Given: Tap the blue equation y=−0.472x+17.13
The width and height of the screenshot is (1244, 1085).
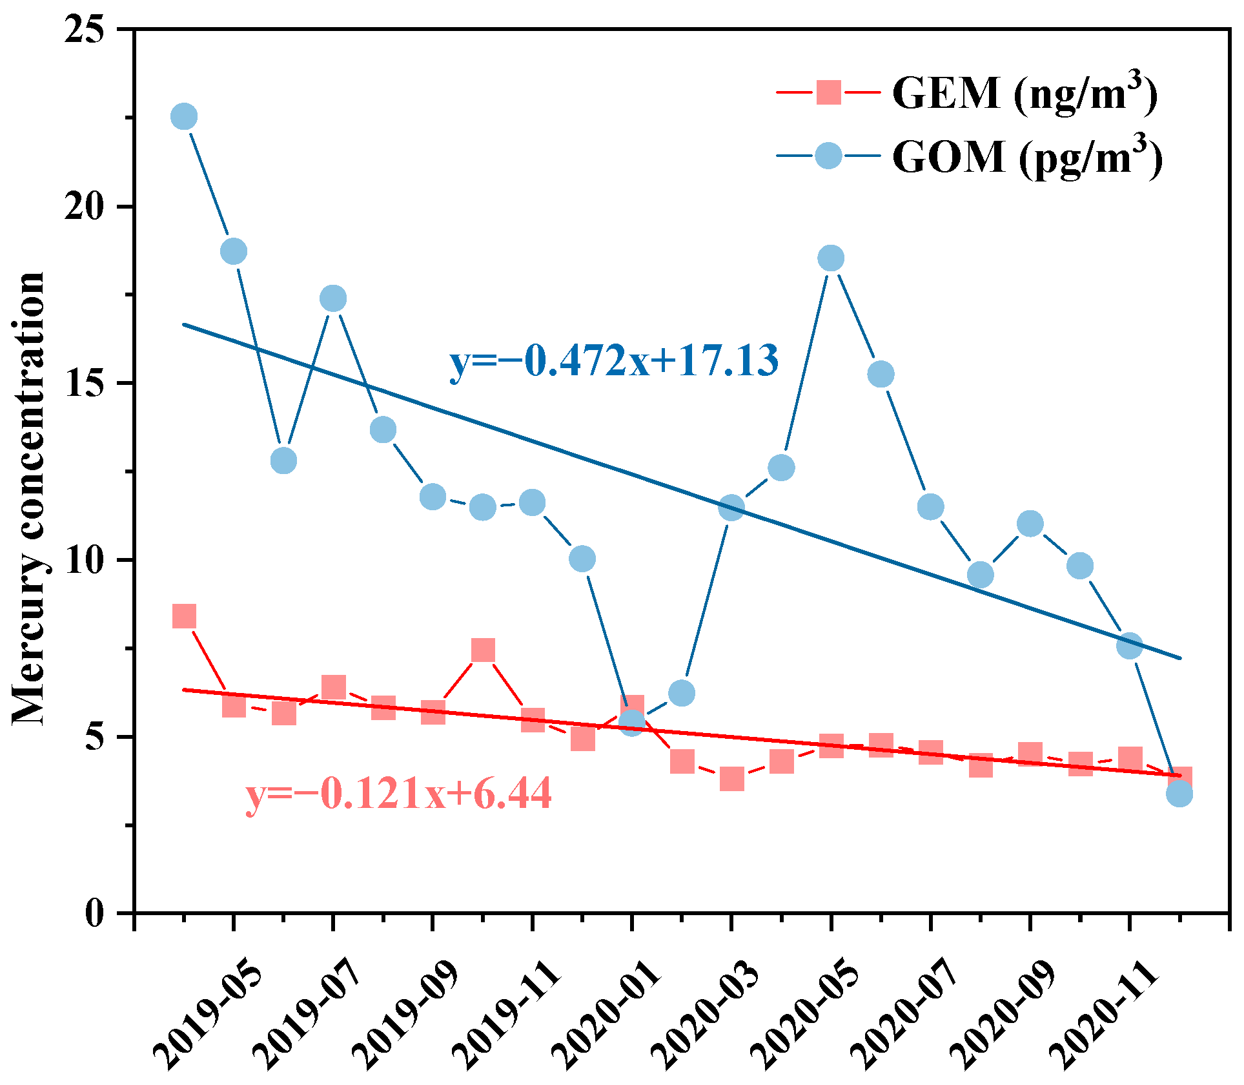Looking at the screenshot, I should click(x=614, y=360).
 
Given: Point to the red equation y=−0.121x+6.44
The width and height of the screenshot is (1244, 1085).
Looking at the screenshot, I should click(x=398, y=793).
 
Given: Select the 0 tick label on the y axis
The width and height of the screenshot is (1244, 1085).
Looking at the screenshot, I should click(x=94, y=913).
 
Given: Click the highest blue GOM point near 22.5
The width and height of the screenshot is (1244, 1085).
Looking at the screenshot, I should click(x=184, y=117).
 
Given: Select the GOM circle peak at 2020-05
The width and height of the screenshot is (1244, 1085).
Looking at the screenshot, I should click(x=831, y=258).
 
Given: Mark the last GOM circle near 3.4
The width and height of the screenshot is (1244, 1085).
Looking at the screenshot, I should click(x=1179, y=794).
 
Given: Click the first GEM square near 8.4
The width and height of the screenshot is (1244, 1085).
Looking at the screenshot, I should click(x=184, y=616).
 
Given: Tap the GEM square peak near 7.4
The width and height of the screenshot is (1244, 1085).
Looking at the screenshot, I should click(x=483, y=650).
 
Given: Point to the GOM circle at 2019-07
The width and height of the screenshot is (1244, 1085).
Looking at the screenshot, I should click(x=333, y=298).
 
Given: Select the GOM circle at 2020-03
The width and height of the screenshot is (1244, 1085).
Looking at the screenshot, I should click(x=731, y=508).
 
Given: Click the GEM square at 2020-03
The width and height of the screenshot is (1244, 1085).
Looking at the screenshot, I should click(x=731, y=779).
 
